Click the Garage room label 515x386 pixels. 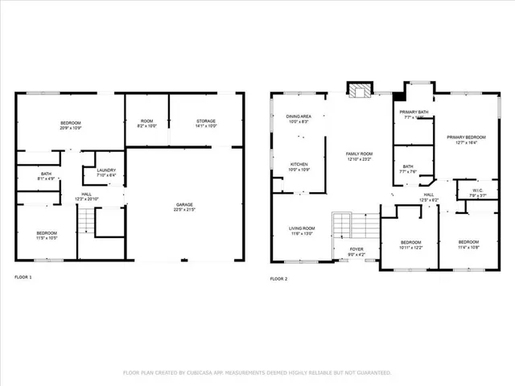click(x=184, y=207)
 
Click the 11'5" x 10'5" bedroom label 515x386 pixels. click(x=47, y=235)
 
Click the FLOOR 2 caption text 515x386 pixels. click(x=278, y=278)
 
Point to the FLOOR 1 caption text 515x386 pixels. click(x=23, y=277)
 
